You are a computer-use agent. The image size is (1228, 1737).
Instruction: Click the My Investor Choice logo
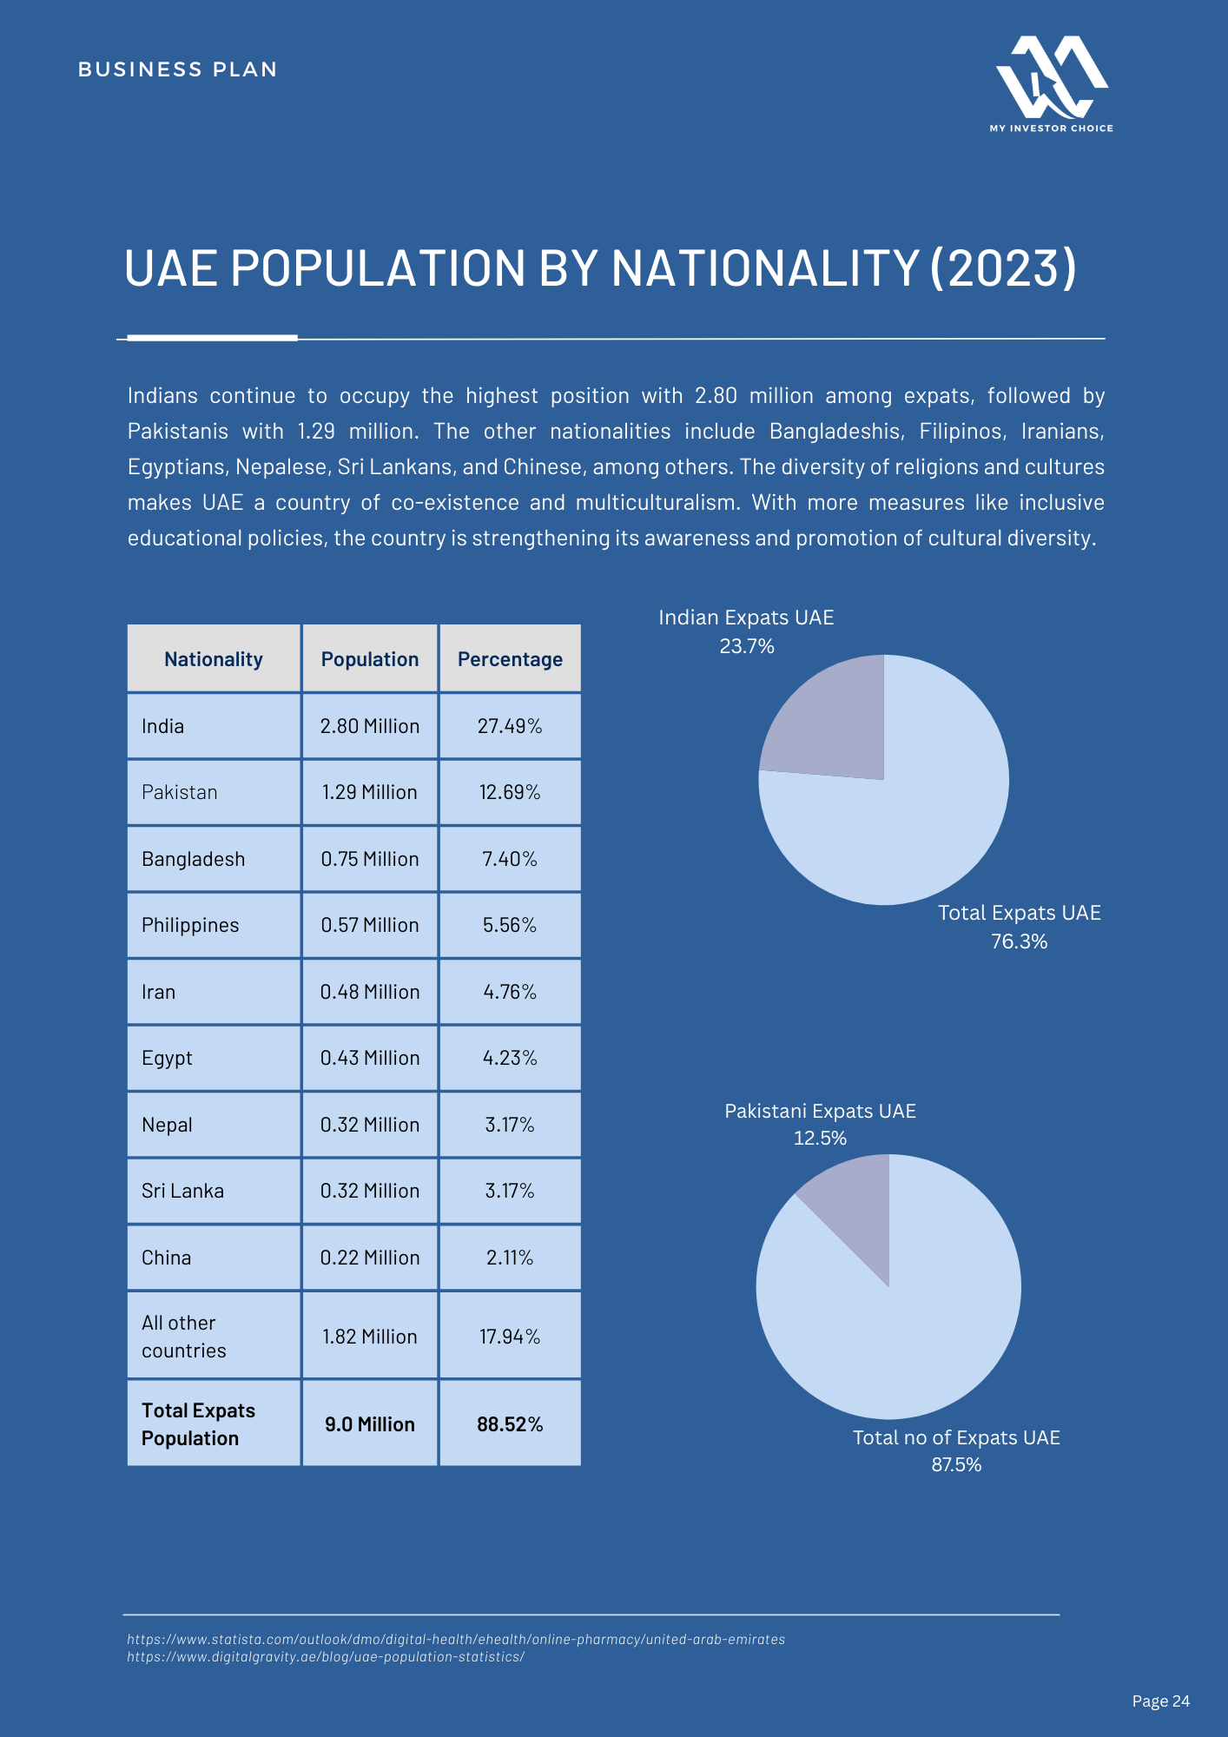point(1051,84)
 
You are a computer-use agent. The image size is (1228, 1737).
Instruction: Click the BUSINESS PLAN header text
point(178,69)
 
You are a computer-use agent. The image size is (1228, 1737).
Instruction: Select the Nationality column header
point(214,659)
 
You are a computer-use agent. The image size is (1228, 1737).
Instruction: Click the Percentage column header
point(510,659)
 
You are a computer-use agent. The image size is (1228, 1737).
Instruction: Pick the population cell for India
point(370,726)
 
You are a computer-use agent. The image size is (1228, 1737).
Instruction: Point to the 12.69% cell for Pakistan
point(510,792)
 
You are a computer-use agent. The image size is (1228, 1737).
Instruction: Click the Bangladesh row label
point(193,859)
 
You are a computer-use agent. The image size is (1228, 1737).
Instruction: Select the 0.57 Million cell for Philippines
point(370,925)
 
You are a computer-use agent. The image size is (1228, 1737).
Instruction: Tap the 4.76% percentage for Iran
point(510,992)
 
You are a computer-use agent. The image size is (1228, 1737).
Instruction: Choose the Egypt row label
point(167,1059)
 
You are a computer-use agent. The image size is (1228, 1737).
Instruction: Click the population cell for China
point(370,1258)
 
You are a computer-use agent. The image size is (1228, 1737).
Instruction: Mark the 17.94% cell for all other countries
point(510,1337)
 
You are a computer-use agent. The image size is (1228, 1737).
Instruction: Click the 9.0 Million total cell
point(370,1424)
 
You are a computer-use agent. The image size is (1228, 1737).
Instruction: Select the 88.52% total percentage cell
point(510,1424)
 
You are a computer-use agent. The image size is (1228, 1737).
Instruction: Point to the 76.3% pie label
point(1020,941)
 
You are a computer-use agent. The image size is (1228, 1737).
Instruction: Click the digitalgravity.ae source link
point(326,1657)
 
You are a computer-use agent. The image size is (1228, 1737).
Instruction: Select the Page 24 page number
point(1161,1701)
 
